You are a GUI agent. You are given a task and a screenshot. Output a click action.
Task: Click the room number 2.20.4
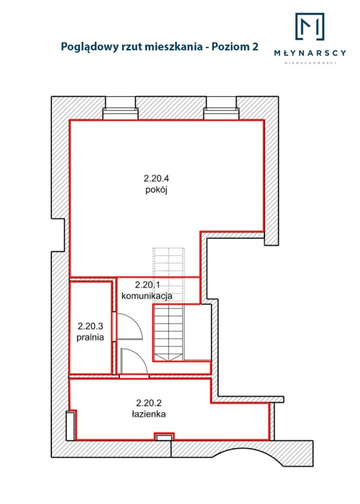click(x=156, y=178)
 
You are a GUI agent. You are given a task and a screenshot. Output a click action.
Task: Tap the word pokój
click(x=156, y=190)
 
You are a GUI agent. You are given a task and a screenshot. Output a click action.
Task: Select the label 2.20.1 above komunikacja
click(x=147, y=285)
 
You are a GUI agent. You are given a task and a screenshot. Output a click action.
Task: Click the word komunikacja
click(x=147, y=296)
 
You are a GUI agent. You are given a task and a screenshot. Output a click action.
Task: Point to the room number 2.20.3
click(x=90, y=326)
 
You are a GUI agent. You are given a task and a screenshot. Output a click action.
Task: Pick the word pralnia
click(x=90, y=338)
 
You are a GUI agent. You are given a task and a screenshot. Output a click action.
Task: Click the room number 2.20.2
click(x=149, y=403)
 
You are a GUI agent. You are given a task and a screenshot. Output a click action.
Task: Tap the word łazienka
click(x=149, y=414)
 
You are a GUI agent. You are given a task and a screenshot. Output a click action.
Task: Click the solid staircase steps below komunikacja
click(x=169, y=333)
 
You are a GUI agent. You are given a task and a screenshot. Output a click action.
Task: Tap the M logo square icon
click(x=310, y=26)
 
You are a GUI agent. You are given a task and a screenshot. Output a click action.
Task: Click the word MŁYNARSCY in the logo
click(x=310, y=52)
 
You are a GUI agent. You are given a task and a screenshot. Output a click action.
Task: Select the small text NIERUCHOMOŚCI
click(x=311, y=63)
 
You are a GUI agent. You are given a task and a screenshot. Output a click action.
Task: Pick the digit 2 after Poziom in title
click(x=255, y=47)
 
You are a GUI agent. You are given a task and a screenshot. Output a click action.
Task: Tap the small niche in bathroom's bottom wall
click(x=164, y=436)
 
